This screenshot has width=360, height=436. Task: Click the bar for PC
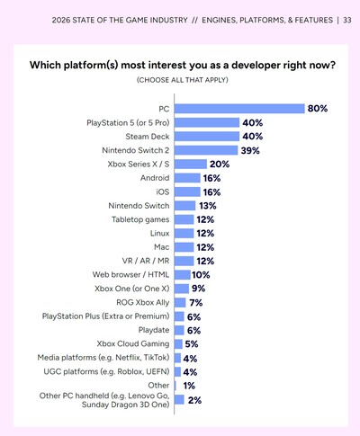238,108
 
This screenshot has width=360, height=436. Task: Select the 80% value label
317,108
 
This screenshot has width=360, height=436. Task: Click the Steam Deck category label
143,136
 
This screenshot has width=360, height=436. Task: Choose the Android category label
151,178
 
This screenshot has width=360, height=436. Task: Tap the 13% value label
209,206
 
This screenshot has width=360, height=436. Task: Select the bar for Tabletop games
183,219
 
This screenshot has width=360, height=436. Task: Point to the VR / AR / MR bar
183,261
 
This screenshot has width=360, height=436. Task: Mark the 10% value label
201,275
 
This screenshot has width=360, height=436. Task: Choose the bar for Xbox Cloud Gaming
178,344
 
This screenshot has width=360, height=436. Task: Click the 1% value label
188,385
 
